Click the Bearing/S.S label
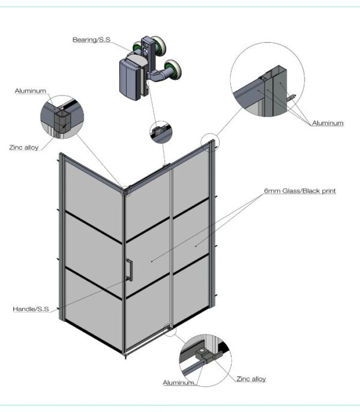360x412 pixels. (x=91, y=40)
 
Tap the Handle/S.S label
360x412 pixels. (x=31, y=309)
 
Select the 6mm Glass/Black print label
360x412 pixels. (x=300, y=191)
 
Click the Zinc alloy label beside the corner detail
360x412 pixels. (x=24, y=147)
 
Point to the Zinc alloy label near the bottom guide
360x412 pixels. (x=251, y=379)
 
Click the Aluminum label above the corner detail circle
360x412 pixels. (x=31, y=91)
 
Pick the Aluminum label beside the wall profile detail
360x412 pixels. (x=328, y=123)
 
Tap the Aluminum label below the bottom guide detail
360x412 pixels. (x=179, y=383)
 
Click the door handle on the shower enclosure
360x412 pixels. (x=129, y=270)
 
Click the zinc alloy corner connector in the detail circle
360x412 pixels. (x=62, y=122)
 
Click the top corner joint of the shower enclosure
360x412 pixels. (x=127, y=191)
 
